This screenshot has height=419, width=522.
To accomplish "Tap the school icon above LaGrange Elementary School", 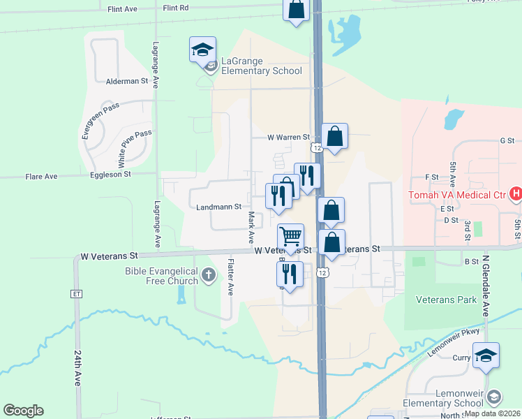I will (202, 50).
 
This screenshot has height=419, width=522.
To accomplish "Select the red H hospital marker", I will (516, 193).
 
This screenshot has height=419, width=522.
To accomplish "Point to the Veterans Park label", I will (446, 300).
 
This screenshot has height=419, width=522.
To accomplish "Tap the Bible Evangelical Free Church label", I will (162, 276).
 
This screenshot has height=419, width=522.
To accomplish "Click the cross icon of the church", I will (207, 276).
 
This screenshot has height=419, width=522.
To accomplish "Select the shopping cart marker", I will (290, 236).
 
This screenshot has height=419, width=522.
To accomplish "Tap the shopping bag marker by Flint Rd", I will (296, 10).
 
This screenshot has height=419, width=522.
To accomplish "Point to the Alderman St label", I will (127, 81).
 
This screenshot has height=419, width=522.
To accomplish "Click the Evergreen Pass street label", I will (100, 121).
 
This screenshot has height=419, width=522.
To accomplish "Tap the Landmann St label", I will (218, 207).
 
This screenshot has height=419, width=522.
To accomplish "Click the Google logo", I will (23, 411).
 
